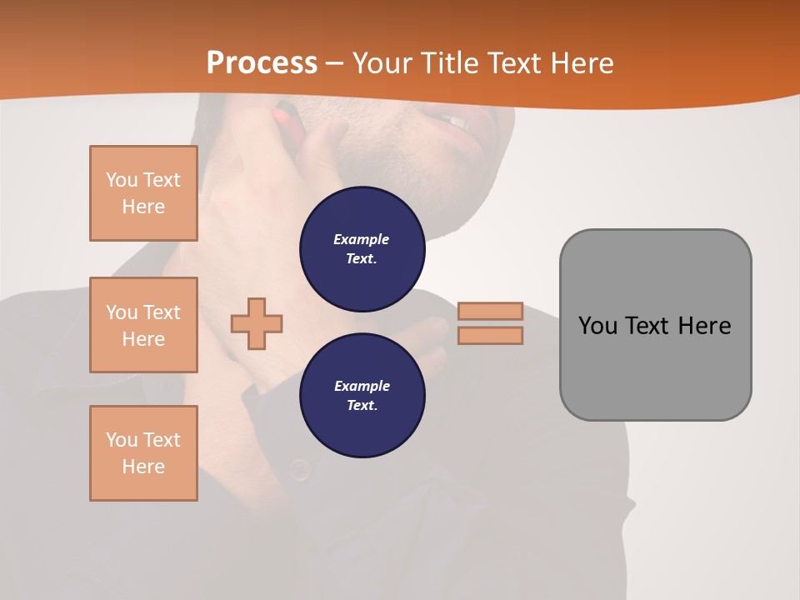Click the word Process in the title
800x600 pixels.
click(262, 62)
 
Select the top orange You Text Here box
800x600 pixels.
click(143, 193)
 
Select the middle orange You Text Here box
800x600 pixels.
click(143, 325)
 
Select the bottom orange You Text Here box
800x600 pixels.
click(143, 453)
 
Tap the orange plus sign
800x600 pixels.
click(257, 323)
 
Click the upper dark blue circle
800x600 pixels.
click(362, 249)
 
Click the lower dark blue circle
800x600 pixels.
click(362, 396)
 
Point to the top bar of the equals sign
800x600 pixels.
click(490, 311)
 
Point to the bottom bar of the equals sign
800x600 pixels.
click(490, 335)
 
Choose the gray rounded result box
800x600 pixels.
click(655, 367)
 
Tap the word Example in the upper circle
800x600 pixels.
click(362, 239)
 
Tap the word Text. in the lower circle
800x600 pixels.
click(362, 406)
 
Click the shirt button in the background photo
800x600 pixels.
click(300, 472)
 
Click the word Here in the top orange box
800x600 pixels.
click(143, 207)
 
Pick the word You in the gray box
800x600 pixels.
click(597, 325)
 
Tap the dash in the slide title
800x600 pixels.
click(334, 62)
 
